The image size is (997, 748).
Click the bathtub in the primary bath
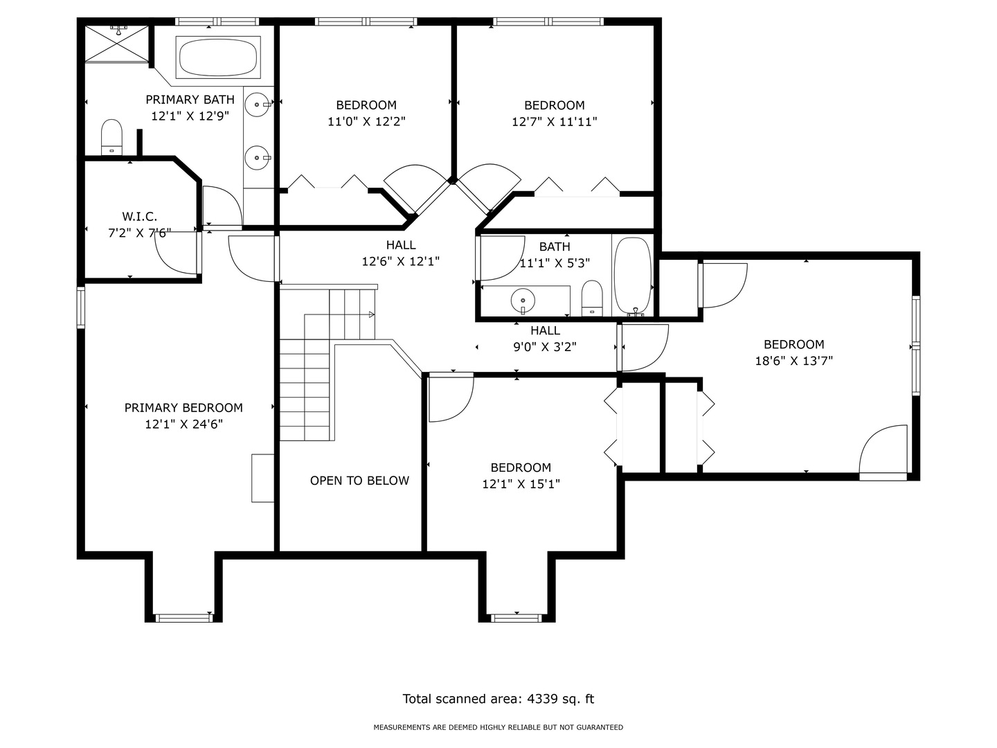[x=218, y=57]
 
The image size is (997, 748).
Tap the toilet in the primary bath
[x=111, y=136]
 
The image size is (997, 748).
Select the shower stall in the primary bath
[x=117, y=43]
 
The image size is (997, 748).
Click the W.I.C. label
[x=139, y=216]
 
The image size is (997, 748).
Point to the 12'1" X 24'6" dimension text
[x=183, y=424]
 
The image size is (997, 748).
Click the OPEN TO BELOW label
[x=359, y=481]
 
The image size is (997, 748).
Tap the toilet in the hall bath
[x=592, y=298]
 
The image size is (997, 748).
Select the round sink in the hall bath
[x=523, y=301]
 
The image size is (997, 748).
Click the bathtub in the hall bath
[x=632, y=275]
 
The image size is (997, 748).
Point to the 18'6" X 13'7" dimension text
[x=793, y=361]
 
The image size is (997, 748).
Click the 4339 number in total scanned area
[x=542, y=699]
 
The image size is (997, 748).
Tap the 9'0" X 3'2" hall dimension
[x=545, y=347]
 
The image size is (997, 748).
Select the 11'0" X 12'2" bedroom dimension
[x=366, y=122]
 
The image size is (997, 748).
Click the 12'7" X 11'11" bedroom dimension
[x=554, y=122]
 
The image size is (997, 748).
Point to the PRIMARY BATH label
[x=190, y=100]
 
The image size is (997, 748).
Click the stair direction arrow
[x=371, y=314]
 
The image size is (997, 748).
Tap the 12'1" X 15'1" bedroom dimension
[x=521, y=484]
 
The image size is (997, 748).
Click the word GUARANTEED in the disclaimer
[x=600, y=727]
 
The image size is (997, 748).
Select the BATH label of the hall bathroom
[x=555, y=247]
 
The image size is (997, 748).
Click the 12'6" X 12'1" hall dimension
[x=401, y=262]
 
